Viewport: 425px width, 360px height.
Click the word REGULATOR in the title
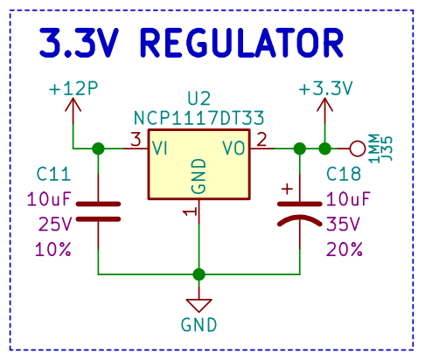coord(242,43)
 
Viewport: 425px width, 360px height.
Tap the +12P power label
coord(73,88)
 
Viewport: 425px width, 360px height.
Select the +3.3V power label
coord(325,88)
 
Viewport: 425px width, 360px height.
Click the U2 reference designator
coord(199,98)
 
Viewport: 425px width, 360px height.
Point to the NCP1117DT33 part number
coord(199,118)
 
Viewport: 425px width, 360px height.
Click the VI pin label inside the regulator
coord(160,148)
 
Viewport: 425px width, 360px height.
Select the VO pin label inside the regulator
coord(234,148)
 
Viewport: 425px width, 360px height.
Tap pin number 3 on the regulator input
coord(136,140)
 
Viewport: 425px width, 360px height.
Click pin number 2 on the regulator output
coord(261,140)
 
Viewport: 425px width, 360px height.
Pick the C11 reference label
coord(53,174)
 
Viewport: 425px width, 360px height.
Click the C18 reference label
coord(344,174)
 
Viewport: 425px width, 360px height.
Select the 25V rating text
coord(55,225)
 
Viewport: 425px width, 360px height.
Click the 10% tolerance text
coord(53,250)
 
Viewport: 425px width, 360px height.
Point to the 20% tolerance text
coord(345,250)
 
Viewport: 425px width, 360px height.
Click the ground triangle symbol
coord(199,305)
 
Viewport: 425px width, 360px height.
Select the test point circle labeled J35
coord(357,149)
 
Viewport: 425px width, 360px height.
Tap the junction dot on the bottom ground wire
coord(199,274)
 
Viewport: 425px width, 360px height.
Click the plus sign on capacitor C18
coord(287,189)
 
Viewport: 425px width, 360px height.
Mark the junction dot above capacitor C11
coord(98,149)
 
